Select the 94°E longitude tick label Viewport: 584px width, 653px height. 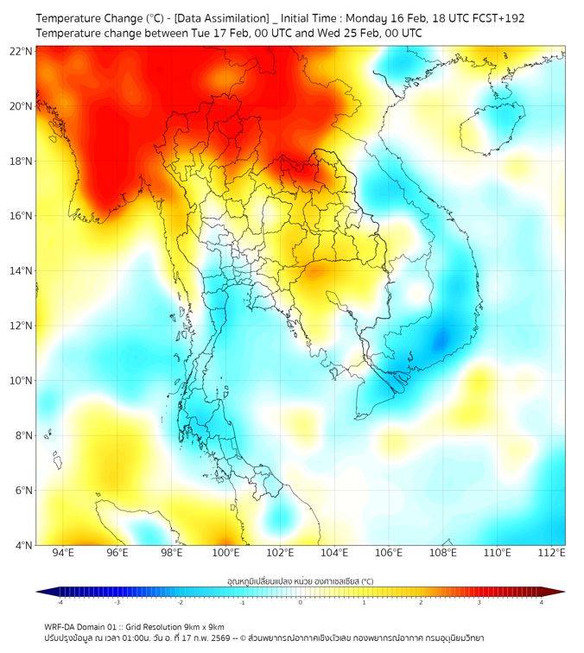pyautogui.click(x=63, y=553)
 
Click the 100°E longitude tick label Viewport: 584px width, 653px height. pyautogui.click(x=226, y=553)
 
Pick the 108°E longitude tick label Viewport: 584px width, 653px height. pyautogui.click(x=443, y=553)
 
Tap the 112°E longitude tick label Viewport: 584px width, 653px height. pyautogui.click(x=552, y=553)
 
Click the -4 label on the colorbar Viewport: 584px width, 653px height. pyautogui.click(x=60, y=602)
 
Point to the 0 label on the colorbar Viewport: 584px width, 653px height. pyautogui.click(x=301, y=602)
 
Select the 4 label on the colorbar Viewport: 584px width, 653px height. pyautogui.click(x=542, y=602)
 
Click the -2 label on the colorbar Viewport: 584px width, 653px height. pyautogui.click(x=180, y=602)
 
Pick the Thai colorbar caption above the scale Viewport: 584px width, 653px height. pyautogui.click(x=300, y=580)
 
